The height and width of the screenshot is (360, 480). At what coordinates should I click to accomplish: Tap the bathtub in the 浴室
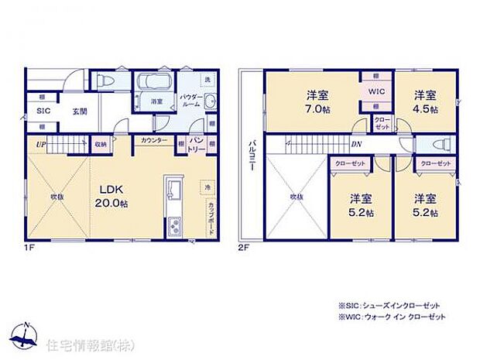pyautogui.click(x=146, y=83)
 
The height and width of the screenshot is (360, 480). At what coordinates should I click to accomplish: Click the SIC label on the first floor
pyautogui.click(x=43, y=111)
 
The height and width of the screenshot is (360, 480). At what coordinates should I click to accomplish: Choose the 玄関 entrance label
pyautogui.click(x=80, y=111)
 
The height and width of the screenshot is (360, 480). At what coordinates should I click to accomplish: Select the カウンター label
pyautogui.click(x=152, y=140)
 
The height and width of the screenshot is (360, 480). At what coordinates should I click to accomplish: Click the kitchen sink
pyautogui.click(x=173, y=190)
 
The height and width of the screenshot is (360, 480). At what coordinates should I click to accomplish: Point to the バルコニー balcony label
pyautogui.click(x=252, y=156)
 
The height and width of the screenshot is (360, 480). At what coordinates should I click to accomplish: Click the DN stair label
pyautogui.click(x=355, y=144)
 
